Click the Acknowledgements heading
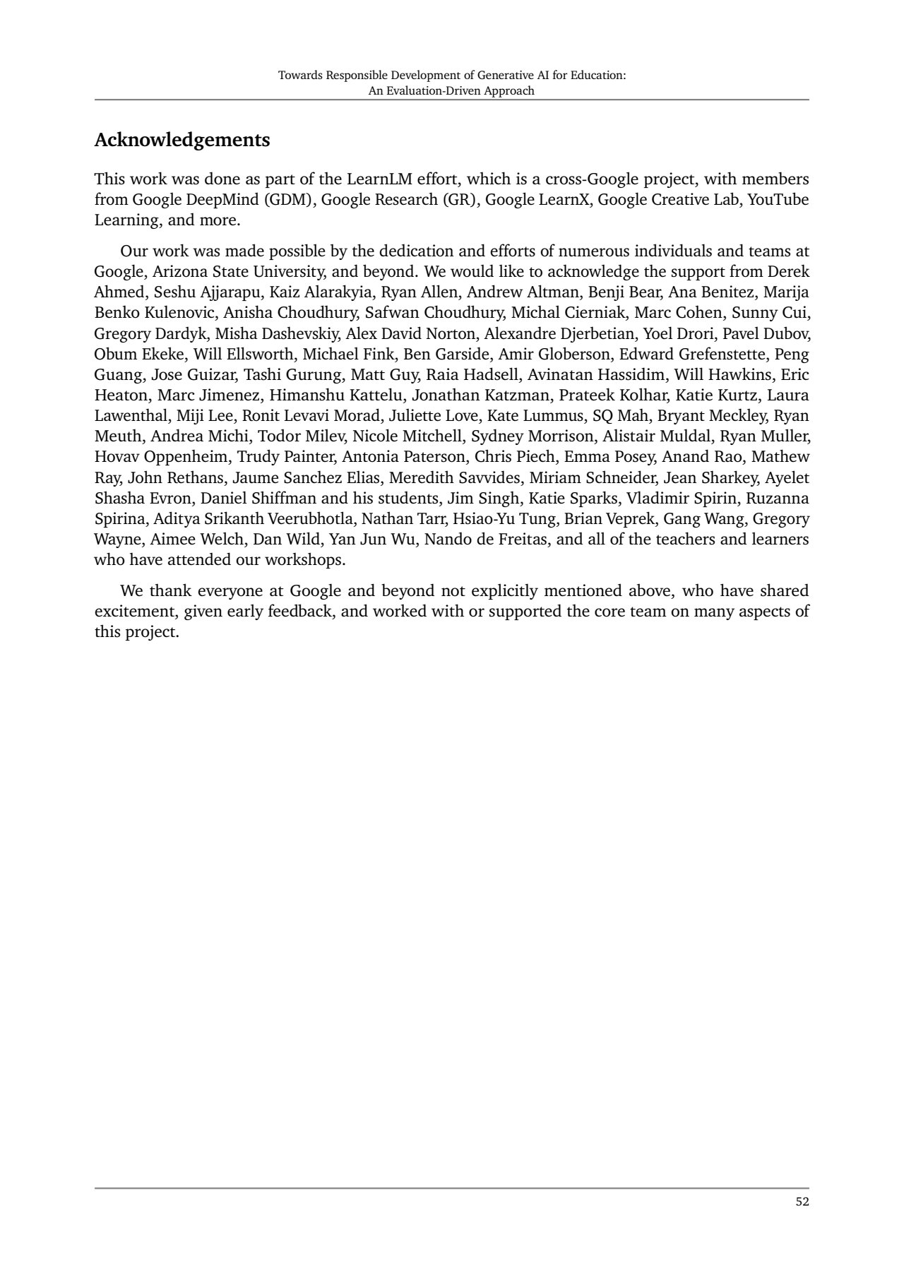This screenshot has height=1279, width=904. [182, 140]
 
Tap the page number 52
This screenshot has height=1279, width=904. [802, 1201]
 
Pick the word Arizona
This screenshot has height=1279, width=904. [179, 272]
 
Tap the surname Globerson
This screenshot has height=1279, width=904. [574, 354]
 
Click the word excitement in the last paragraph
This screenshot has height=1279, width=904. [136, 611]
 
